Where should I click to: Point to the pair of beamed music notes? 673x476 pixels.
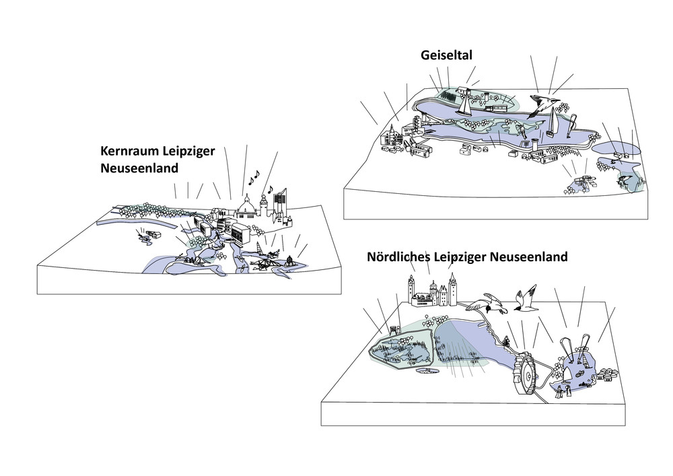point(254,178)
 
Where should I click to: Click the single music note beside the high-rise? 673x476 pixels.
point(270,189)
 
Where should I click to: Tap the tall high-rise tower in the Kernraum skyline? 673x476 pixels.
point(280,201)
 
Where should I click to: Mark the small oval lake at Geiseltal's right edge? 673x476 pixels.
point(616,147)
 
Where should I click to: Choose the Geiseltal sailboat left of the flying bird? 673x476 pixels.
point(464,105)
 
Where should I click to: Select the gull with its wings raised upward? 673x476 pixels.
point(525,300)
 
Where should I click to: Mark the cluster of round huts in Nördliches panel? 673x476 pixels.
point(606,373)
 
